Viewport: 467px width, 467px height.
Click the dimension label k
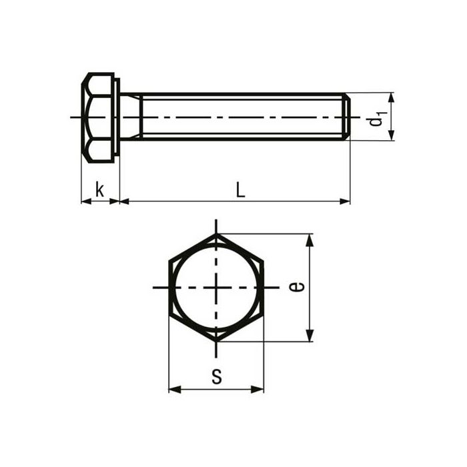pos(99,190)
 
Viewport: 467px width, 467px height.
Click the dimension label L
pos(240,190)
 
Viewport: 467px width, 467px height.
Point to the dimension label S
pos(216,377)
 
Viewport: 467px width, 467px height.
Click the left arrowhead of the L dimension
pos(124,201)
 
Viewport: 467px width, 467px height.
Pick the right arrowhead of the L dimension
pos(345,201)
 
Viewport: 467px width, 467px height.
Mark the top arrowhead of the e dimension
pos(309,239)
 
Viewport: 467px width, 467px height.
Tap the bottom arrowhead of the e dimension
pos(309,337)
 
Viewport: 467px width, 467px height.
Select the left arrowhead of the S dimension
pos(173,389)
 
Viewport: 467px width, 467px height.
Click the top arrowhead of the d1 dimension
pos(392,97)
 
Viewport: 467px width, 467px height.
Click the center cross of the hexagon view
pos(216,288)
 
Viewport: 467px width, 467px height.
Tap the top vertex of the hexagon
pos(216,233)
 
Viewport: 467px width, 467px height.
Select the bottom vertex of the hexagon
pos(216,342)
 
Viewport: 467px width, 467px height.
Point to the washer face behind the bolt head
pos(117,117)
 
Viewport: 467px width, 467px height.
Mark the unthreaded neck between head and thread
pos(131,117)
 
